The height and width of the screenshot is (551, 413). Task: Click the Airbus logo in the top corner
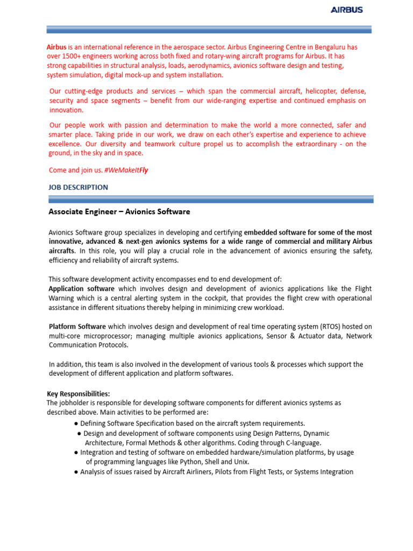[x=346, y=10]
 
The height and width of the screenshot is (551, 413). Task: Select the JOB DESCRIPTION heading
[x=79, y=187]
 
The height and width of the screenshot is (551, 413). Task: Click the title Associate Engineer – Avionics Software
[x=119, y=212]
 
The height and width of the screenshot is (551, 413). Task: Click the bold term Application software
[x=82, y=288]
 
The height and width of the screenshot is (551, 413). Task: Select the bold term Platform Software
[x=77, y=327]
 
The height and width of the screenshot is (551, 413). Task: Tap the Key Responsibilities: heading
[x=79, y=394]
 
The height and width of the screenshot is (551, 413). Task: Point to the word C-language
[x=302, y=442]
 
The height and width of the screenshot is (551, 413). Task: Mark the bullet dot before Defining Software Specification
[x=76, y=423]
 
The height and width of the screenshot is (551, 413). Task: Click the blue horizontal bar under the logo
[x=210, y=29]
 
